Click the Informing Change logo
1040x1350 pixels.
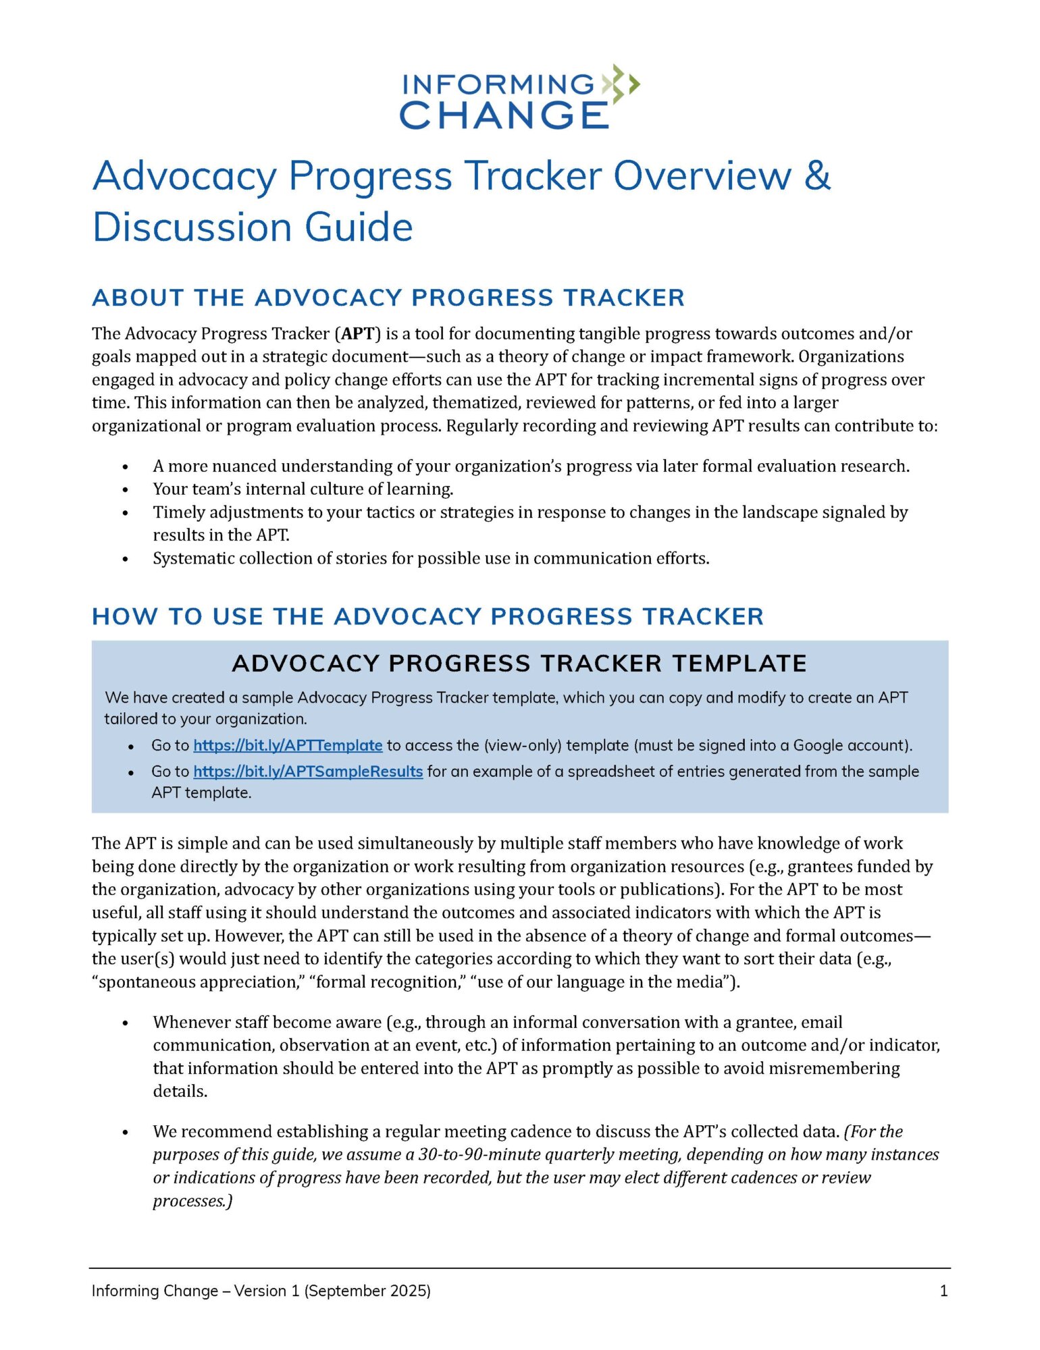tap(519, 98)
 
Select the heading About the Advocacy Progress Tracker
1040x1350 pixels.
tap(388, 298)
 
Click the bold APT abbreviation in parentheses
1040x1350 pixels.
tap(358, 333)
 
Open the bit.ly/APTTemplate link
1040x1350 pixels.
tap(288, 745)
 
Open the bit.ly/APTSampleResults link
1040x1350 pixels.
tap(308, 771)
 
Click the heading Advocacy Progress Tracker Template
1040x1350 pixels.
tap(519, 664)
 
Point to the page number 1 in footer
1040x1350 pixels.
tap(943, 1291)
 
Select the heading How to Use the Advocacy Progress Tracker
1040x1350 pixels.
tap(427, 616)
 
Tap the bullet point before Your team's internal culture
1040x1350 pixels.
tap(126, 489)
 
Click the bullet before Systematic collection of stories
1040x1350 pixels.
tap(126, 559)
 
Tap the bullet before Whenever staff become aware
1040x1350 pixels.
tap(126, 1023)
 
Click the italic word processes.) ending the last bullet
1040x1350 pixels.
tap(192, 1201)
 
